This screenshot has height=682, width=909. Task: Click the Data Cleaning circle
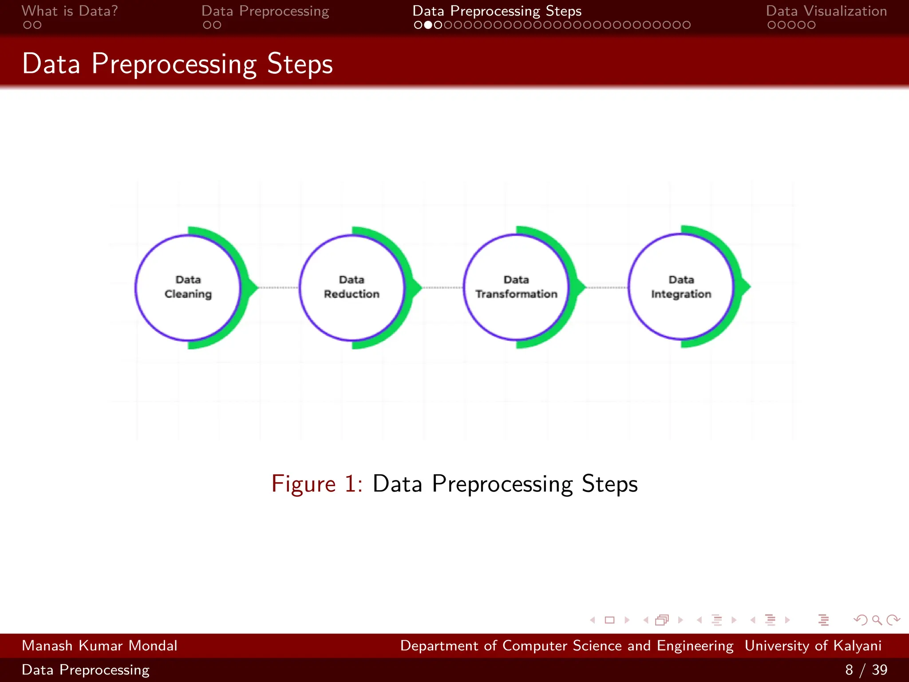(188, 287)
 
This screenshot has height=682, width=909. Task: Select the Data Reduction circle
(352, 287)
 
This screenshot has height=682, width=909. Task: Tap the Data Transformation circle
(516, 287)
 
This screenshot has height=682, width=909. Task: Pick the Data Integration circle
(681, 287)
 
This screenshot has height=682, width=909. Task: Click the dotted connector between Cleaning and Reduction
(279, 288)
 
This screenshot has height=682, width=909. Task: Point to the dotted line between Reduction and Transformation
(443, 288)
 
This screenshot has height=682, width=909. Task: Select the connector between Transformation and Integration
(607, 288)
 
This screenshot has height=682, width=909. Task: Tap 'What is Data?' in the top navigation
(70, 11)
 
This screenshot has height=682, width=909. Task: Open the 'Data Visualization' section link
(826, 11)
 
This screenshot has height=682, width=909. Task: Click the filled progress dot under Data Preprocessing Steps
(428, 25)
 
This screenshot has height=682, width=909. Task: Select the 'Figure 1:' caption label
(317, 484)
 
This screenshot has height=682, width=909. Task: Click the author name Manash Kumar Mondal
(99, 646)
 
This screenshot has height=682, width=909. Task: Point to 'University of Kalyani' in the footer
(813, 646)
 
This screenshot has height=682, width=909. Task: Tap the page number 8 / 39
(866, 670)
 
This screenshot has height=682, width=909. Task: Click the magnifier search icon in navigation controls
(877, 620)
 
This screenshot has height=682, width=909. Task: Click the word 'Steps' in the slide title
(300, 64)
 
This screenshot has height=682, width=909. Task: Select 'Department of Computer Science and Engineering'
(567, 646)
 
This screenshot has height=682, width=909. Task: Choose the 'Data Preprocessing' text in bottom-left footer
(86, 670)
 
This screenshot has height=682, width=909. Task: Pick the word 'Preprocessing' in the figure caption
(502, 484)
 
